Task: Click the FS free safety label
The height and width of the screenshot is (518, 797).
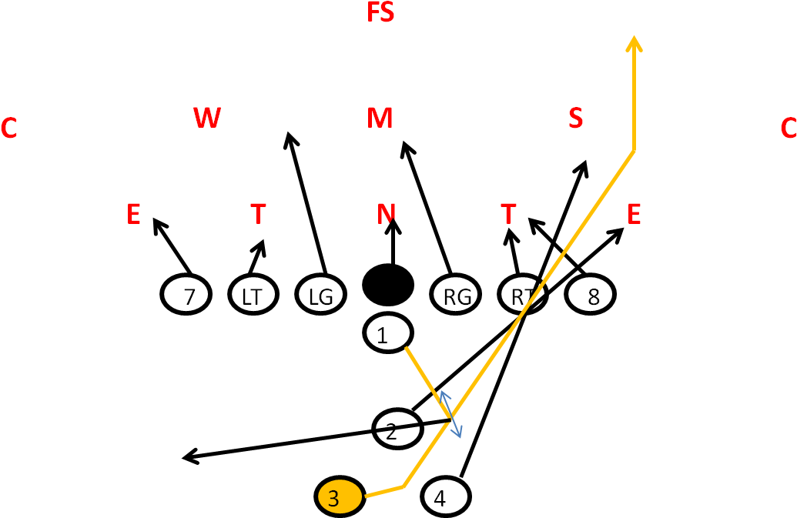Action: [x=380, y=13]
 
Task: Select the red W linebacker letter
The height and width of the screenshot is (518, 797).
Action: [x=207, y=118]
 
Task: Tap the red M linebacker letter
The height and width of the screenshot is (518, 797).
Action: [x=380, y=118]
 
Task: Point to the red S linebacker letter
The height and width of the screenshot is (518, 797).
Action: [x=575, y=118]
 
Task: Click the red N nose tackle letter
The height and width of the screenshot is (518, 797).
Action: [x=387, y=214]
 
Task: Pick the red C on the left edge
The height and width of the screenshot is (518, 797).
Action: [x=8, y=129]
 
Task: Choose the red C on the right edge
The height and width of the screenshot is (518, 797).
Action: [x=788, y=129]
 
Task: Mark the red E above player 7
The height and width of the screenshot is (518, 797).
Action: [x=133, y=215]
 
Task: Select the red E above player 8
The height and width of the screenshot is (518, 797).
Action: [x=634, y=215]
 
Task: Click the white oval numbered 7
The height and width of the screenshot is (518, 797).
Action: [x=186, y=296]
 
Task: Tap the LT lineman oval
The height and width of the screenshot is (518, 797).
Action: [x=253, y=296]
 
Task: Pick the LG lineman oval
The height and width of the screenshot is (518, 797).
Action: [x=320, y=296]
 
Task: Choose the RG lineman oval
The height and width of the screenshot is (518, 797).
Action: [x=457, y=296]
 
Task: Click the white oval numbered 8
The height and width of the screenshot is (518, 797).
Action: [x=591, y=296]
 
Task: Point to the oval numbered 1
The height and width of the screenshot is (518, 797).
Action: [x=387, y=333]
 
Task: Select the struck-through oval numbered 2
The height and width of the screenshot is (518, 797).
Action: [x=397, y=430]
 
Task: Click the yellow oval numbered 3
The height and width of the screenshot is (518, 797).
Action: [x=340, y=497]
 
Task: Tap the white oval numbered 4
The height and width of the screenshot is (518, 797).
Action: [x=446, y=497]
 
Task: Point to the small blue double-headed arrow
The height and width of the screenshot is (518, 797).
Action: [x=451, y=414]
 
